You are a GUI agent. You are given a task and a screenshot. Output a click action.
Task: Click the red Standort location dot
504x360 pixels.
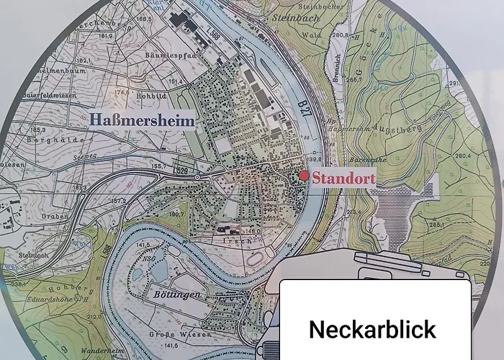pos(305,176)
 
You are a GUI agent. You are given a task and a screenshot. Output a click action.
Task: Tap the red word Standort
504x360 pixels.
pos(343,177)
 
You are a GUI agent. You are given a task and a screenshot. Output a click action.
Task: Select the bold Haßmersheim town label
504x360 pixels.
pos(143,120)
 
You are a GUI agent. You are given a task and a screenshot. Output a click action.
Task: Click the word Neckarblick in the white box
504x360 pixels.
pos(372,329)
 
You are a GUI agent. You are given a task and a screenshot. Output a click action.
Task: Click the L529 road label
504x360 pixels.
pos(181,171)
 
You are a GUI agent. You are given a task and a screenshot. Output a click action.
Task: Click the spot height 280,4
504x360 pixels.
pos(461,155)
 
